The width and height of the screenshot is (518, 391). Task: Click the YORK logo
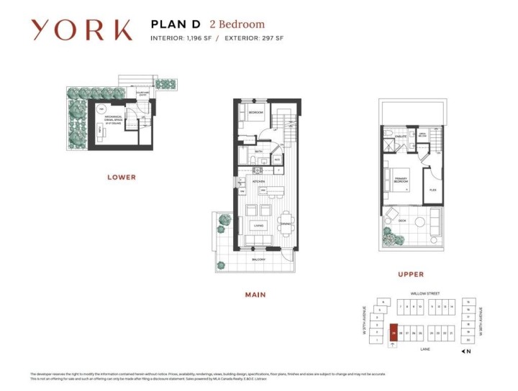(81, 29)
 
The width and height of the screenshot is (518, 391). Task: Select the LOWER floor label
(121, 177)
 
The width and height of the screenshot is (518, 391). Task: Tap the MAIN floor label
(255, 295)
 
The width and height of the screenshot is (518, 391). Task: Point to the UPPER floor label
(411, 274)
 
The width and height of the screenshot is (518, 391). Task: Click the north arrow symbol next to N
(463, 351)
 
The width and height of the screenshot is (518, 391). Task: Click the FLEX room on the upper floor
(432, 190)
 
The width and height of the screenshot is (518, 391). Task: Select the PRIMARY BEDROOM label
(401, 181)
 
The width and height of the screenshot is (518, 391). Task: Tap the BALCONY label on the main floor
(258, 259)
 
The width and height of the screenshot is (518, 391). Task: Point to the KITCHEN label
(258, 181)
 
